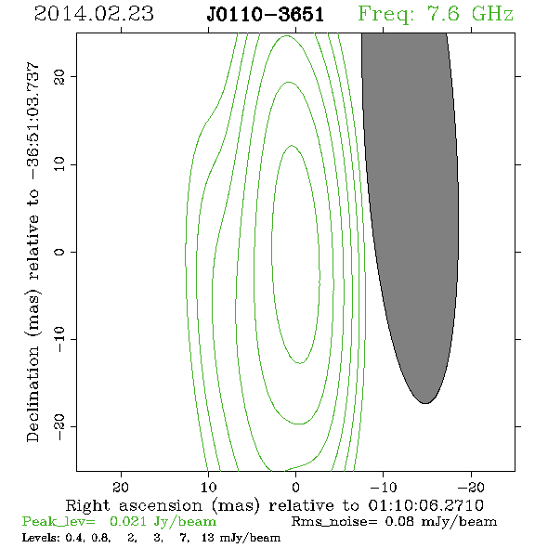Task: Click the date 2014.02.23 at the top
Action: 94,14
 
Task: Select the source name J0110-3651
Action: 266,15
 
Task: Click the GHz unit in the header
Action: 492,14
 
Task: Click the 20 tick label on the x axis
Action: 121,487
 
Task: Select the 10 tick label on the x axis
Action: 209,487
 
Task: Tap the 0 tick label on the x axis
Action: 295,487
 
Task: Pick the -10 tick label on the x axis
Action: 384,487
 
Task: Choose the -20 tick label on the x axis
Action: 471,487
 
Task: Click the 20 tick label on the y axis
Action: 59,76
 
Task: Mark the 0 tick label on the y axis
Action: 59,252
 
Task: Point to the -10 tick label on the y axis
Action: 59,339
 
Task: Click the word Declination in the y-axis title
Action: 33,394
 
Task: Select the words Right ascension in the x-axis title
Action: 134,505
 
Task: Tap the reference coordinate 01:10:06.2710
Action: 426,505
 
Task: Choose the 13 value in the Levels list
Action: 208,537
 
